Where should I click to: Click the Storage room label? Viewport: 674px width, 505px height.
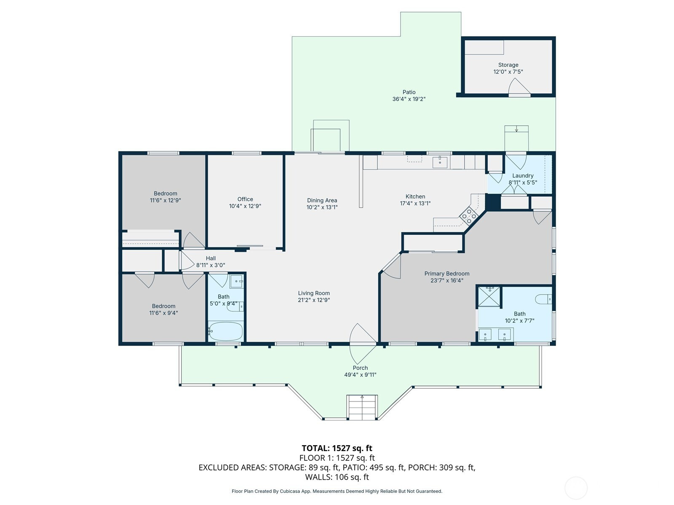(x=508, y=65)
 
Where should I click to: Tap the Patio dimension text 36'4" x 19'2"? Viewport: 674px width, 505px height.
(x=409, y=99)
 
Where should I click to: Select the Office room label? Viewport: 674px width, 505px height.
(x=245, y=199)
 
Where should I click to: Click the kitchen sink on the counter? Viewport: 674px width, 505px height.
(x=440, y=162)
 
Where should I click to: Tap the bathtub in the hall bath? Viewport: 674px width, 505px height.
(x=226, y=331)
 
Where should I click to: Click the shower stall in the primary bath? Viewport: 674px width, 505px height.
(x=489, y=296)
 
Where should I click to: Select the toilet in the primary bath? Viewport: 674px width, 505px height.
(x=543, y=299)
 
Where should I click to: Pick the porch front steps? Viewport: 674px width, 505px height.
(x=362, y=407)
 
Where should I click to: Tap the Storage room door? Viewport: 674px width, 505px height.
(x=519, y=88)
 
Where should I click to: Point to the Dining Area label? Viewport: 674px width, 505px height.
(x=322, y=201)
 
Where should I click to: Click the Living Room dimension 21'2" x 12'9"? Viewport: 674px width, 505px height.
(x=314, y=300)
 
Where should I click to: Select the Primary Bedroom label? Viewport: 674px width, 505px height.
(x=447, y=274)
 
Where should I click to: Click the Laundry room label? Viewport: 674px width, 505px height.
(x=523, y=175)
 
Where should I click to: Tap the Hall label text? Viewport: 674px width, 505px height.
(x=211, y=258)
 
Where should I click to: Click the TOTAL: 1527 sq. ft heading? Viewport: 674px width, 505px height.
(x=337, y=448)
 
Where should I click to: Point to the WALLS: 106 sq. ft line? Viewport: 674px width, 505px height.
(x=337, y=477)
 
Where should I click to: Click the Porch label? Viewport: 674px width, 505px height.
(x=360, y=368)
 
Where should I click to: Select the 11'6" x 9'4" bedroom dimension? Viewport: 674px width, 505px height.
(x=164, y=313)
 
